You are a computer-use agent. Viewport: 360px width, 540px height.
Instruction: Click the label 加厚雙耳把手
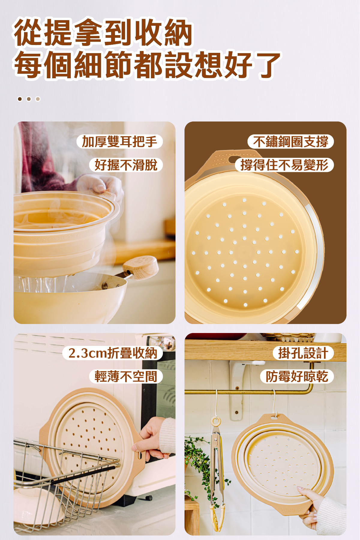click(x=119, y=142)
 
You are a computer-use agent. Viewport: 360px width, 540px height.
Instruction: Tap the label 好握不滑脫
click(x=126, y=165)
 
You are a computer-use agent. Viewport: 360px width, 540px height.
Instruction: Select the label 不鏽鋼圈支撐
click(x=290, y=142)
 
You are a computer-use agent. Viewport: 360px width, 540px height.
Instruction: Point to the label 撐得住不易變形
click(x=284, y=165)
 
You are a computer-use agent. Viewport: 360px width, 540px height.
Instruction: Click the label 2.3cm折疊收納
click(x=112, y=353)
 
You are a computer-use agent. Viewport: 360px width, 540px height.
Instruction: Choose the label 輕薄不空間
click(x=126, y=376)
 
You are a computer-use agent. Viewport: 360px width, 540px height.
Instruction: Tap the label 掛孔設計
click(x=303, y=353)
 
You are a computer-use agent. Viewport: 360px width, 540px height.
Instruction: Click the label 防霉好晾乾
click(x=297, y=376)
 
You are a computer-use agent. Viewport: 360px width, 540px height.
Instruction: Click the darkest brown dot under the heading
click(x=20, y=99)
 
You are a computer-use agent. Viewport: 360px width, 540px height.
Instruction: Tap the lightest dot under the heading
click(x=38, y=99)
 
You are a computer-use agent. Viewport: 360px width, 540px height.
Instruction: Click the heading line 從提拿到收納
click(x=103, y=32)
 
